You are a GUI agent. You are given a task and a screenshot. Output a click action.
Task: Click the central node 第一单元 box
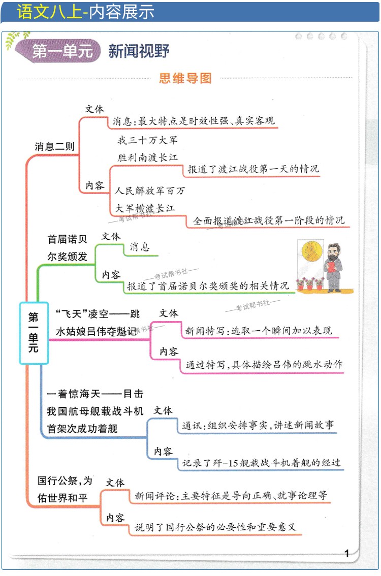(34, 333)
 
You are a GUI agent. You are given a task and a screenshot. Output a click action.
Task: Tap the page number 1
(347, 554)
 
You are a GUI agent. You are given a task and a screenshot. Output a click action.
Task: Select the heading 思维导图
(185, 78)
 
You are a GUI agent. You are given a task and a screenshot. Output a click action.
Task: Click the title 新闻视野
(139, 51)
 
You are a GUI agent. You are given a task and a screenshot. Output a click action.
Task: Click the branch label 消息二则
(54, 147)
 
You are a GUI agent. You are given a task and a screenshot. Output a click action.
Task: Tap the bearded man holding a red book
(333, 267)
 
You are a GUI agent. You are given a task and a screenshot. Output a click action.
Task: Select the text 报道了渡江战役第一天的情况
(253, 169)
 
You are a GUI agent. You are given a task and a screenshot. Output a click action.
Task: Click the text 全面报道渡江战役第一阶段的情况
(268, 220)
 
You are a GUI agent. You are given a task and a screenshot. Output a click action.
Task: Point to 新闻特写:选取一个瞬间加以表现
(259, 331)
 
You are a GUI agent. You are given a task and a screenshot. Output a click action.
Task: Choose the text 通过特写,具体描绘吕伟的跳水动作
(264, 364)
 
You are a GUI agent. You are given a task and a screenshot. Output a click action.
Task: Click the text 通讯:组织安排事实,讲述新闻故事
(258, 426)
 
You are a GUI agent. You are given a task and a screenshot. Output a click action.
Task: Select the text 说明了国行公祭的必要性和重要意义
(215, 527)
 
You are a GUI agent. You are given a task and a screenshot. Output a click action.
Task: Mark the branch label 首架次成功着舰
(82, 429)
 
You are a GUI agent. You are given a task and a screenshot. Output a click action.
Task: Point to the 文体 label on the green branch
(111, 237)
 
